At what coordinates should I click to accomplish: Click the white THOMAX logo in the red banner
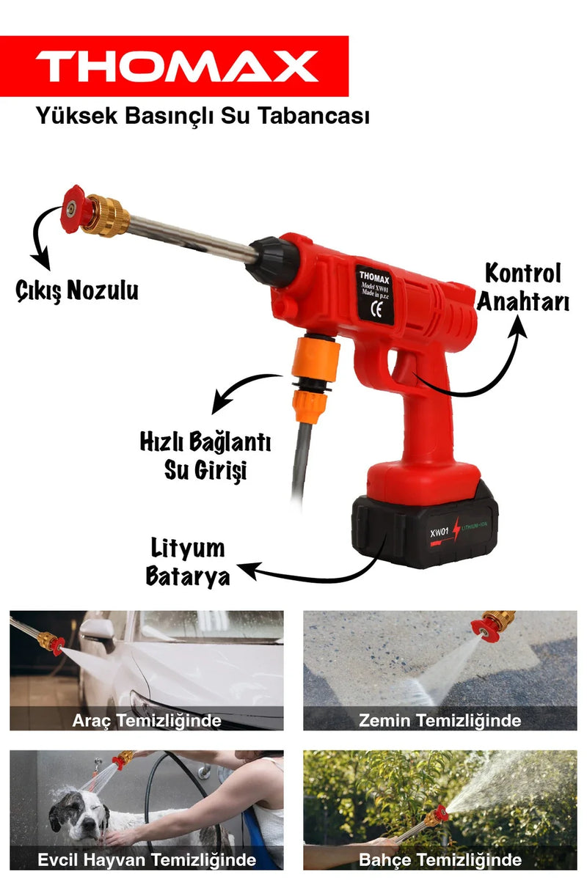click(177, 66)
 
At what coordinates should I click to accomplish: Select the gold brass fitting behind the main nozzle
click(108, 215)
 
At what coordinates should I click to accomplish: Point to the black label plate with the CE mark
click(375, 295)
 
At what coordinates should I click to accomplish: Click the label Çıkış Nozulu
click(77, 291)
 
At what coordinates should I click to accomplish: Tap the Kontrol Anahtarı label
click(523, 287)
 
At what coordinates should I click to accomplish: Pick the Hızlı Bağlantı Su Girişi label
click(205, 455)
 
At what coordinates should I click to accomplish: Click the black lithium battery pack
click(425, 526)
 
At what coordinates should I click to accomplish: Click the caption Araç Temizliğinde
click(147, 720)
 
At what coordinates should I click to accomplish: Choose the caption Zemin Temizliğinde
click(440, 720)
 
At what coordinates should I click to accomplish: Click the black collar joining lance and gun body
click(271, 260)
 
